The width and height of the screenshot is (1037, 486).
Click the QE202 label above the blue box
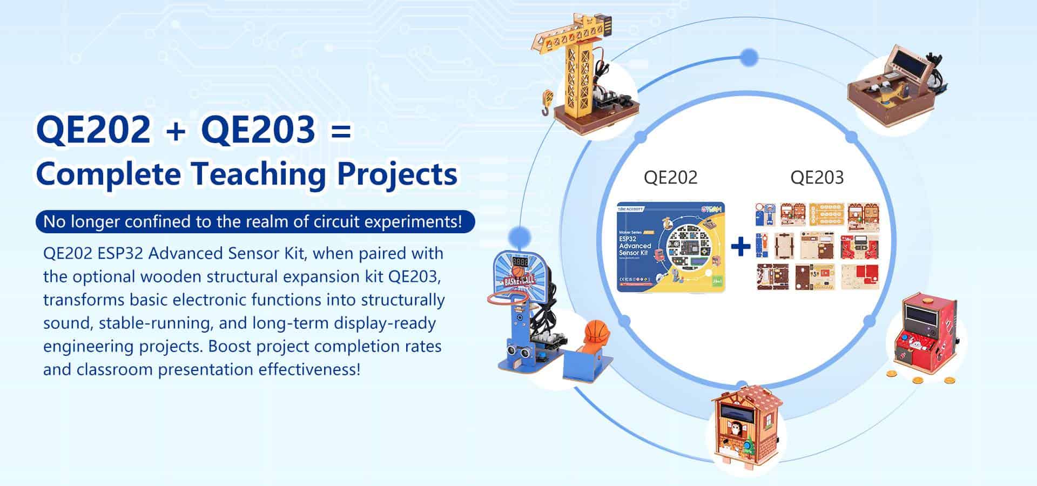point(670,178)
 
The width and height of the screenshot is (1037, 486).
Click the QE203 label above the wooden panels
point(817,178)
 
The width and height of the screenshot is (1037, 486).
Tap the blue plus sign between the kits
point(740,247)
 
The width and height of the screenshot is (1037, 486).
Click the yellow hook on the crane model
point(547,103)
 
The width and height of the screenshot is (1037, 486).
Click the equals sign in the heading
point(340,131)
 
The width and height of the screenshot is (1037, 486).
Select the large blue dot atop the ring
point(749,57)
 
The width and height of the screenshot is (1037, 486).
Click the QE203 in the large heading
point(258,131)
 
